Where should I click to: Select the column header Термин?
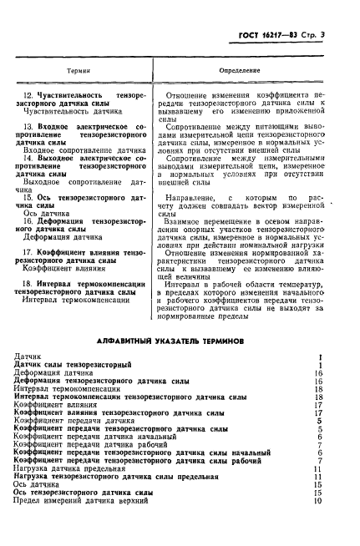click(x=79, y=72)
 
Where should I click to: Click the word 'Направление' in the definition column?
click(x=190, y=196)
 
